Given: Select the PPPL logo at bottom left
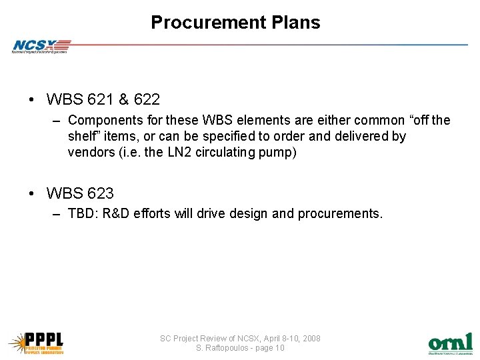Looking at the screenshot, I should (36, 341).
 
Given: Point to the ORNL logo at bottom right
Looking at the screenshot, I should (450, 343).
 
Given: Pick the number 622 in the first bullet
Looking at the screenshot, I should (147, 100).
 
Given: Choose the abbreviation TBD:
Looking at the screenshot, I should (82, 214).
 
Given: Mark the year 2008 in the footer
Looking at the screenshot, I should (311, 339).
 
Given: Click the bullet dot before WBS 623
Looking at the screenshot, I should (32, 194).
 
